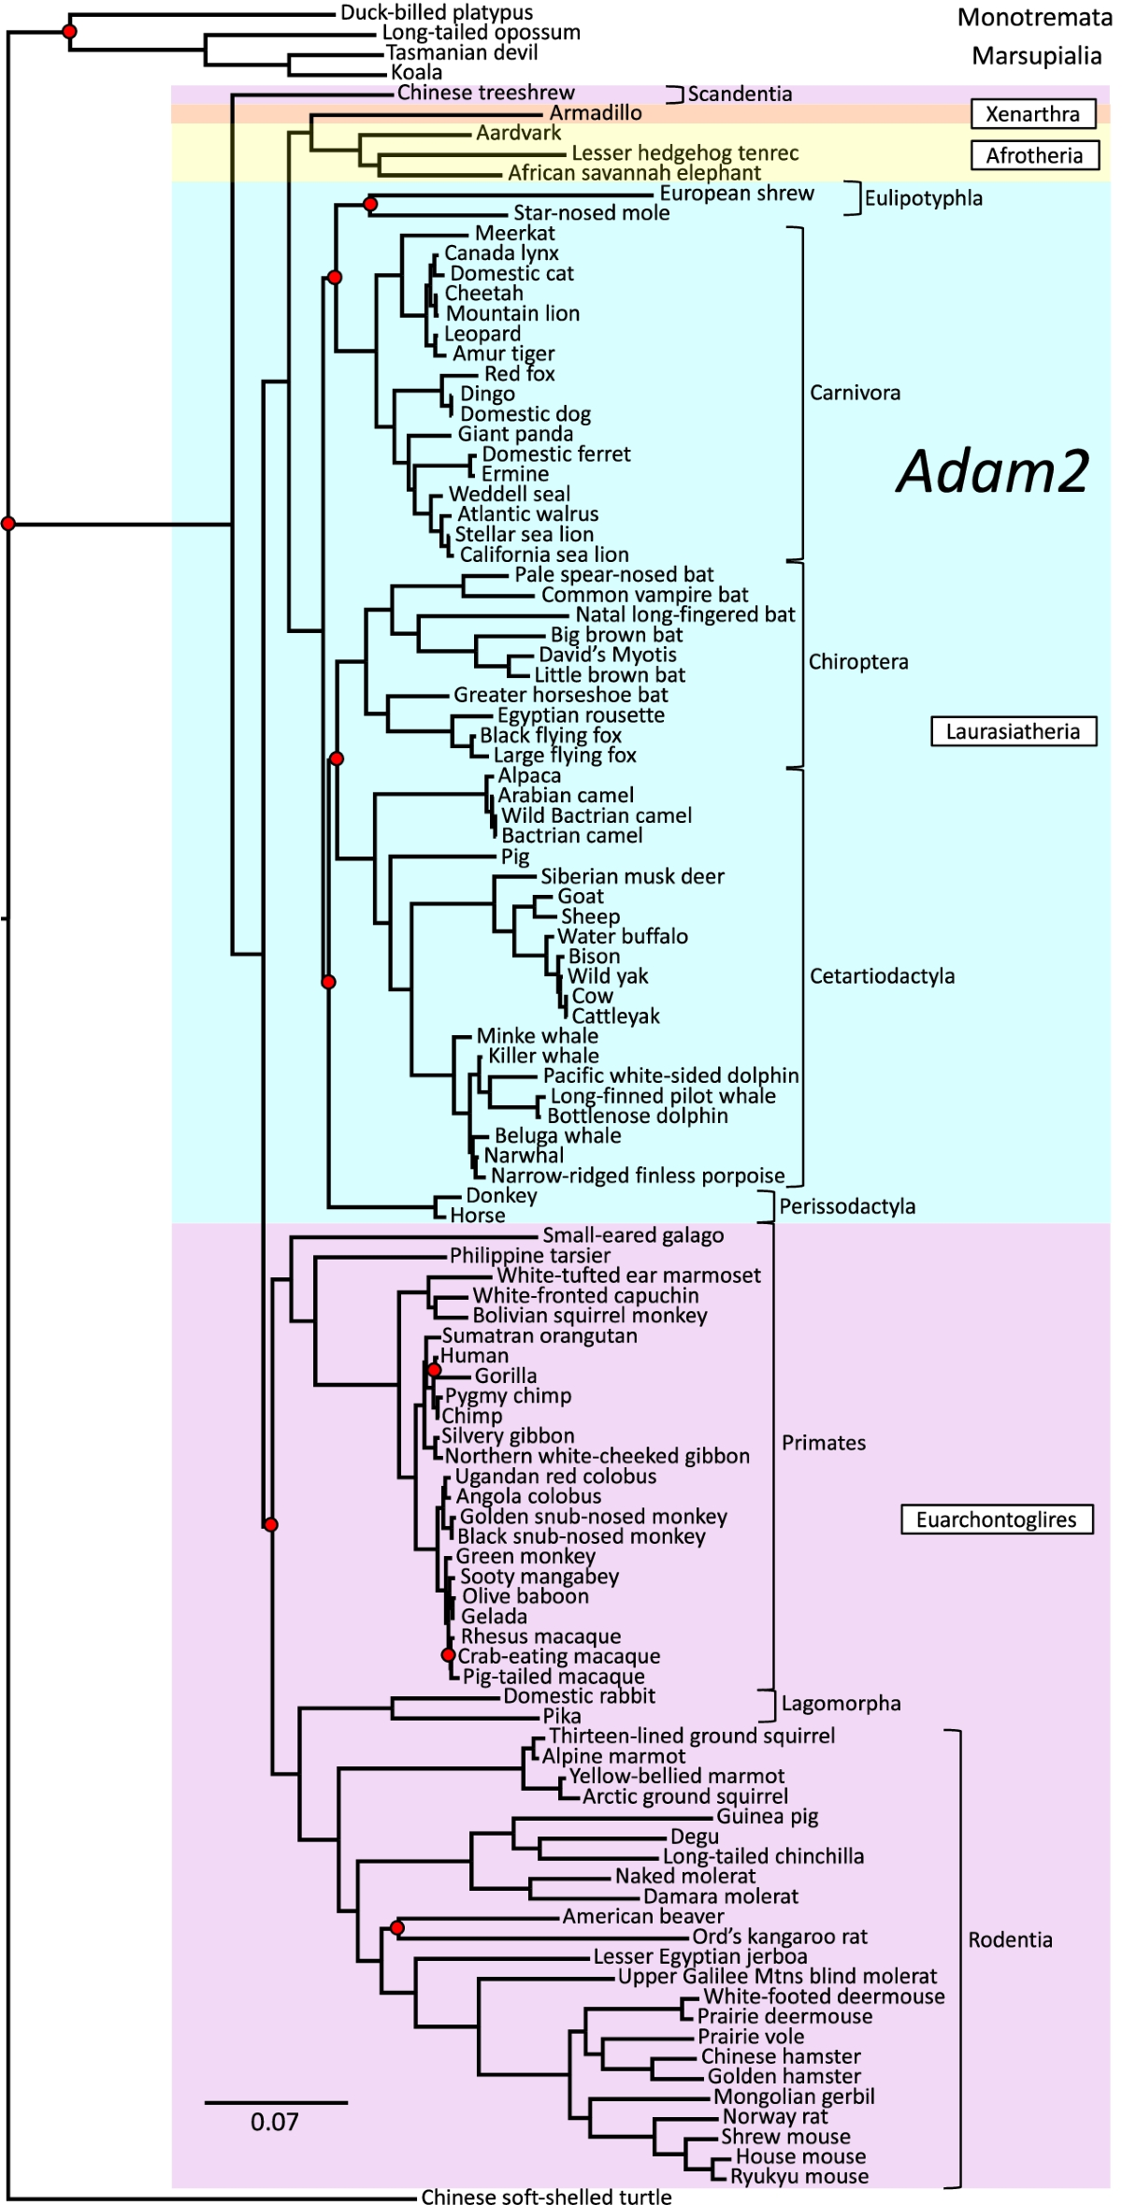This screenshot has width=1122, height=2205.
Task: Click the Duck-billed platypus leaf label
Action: (x=436, y=13)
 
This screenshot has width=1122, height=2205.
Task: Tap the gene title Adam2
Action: (x=993, y=470)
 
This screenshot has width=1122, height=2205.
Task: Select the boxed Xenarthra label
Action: (x=1032, y=114)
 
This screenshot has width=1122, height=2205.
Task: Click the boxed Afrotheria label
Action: (x=1033, y=155)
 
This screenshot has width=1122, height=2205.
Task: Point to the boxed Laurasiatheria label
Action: (x=1013, y=731)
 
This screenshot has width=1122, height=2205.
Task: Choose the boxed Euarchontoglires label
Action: (x=996, y=1520)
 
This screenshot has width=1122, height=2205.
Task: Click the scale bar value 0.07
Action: (x=274, y=2122)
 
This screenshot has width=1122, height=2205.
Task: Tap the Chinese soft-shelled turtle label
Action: (x=546, y=2197)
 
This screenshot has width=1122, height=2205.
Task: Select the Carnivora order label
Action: (x=855, y=393)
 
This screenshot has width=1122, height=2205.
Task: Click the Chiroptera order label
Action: (x=858, y=662)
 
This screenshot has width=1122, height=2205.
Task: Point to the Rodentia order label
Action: (x=1010, y=1939)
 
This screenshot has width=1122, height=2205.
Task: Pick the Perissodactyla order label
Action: (x=847, y=1206)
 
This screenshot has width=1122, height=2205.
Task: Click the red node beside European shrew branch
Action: (x=370, y=204)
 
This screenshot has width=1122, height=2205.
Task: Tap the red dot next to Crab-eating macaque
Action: (x=448, y=1655)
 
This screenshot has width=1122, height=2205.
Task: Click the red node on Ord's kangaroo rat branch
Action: (x=397, y=1928)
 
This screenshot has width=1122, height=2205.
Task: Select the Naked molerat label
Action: (x=684, y=1876)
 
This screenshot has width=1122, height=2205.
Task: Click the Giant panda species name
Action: (x=514, y=434)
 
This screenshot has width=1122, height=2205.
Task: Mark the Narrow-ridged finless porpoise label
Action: (x=638, y=1175)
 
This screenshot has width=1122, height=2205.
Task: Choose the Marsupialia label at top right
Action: (x=1036, y=56)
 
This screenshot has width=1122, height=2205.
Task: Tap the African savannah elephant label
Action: (x=634, y=173)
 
